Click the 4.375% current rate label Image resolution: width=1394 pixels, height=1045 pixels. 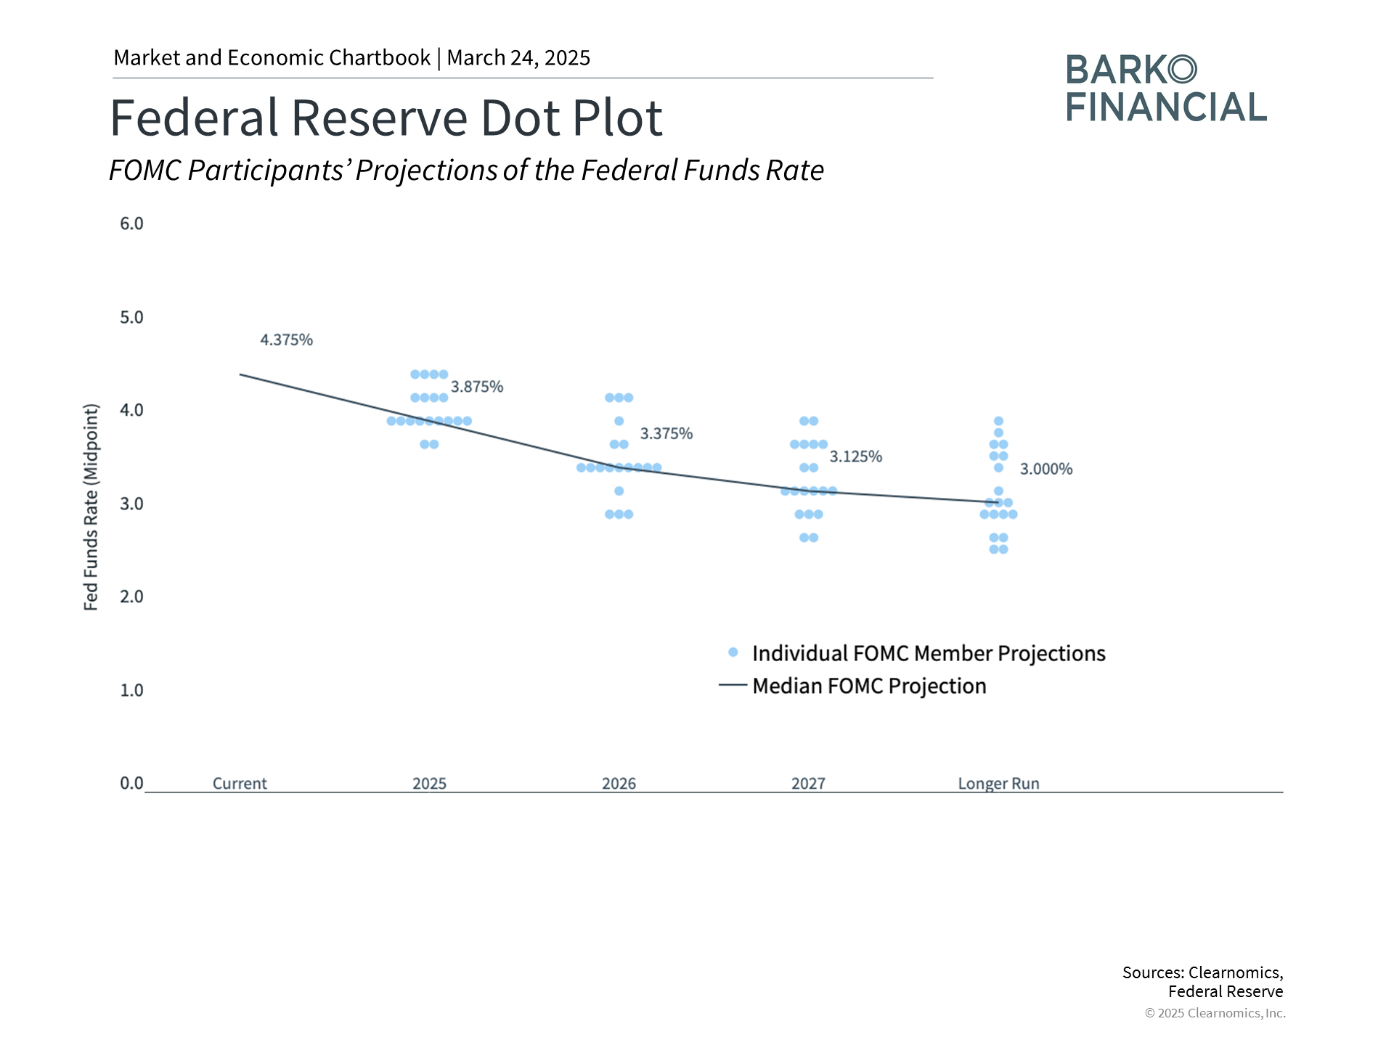pyautogui.click(x=286, y=340)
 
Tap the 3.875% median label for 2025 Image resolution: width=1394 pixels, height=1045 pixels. pyautogui.click(x=477, y=387)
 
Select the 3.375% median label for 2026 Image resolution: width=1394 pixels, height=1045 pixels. pyautogui.click(x=666, y=433)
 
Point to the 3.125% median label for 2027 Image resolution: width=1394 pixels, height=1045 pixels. pyautogui.click(x=855, y=456)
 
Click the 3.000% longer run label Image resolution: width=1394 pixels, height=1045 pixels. pyautogui.click(x=1045, y=469)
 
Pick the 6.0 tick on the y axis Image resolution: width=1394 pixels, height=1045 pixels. pyautogui.click(x=131, y=224)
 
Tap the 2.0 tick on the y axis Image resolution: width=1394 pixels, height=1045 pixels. pyautogui.click(x=131, y=597)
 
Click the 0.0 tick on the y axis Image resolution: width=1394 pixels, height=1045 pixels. pyautogui.click(x=131, y=783)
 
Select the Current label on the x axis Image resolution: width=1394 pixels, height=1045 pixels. pyautogui.click(x=240, y=784)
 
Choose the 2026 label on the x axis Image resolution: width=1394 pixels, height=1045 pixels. pyautogui.click(x=619, y=784)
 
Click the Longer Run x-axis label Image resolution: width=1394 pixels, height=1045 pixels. pyautogui.click(x=998, y=784)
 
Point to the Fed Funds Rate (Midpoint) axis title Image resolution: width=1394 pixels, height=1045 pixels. pyautogui.click(x=91, y=507)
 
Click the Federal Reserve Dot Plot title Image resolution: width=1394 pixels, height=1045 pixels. pyautogui.click(x=386, y=118)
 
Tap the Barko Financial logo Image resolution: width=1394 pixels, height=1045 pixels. pyautogui.click(x=1165, y=88)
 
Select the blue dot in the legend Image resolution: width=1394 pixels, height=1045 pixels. pyautogui.click(x=733, y=652)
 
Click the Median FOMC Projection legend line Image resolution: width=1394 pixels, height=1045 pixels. pyautogui.click(x=733, y=685)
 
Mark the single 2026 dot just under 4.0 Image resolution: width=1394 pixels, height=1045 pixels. pyautogui.click(x=619, y=421)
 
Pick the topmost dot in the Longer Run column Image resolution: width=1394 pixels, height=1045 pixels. pyautogui.click(x=998, y=421)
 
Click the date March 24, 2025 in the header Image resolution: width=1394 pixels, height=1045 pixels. pyautogui.click(x=518, y=58)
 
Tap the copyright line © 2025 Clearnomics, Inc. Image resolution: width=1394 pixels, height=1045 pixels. pyautogui.click(x=1215, y=1013)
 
